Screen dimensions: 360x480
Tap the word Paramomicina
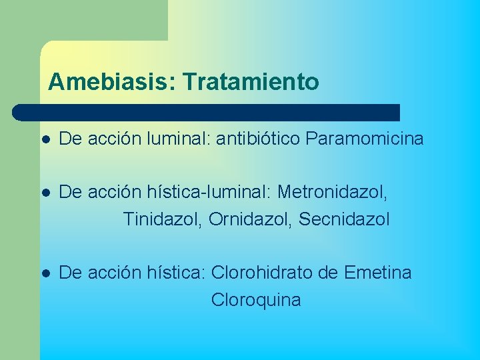coord(365,139)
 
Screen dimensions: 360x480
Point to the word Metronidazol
coord(331,193)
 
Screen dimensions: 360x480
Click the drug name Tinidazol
coord(163,219)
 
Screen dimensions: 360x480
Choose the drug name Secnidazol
coord(344,219)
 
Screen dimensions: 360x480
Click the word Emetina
coord(378,273)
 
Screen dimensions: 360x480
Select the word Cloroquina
coord(256,300)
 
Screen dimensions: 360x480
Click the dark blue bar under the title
coord(207,112)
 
